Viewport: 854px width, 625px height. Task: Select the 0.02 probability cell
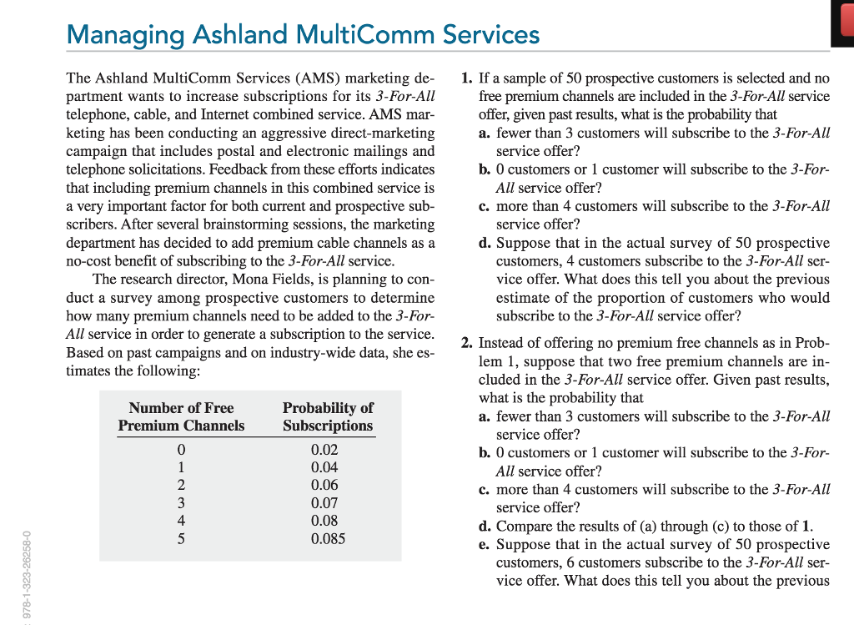(324, 449)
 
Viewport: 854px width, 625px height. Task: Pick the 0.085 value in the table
(328, 539)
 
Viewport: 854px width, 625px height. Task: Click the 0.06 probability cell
(324, 485)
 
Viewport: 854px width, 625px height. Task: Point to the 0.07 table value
(324, 503)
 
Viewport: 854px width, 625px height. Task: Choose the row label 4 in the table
(181, 521)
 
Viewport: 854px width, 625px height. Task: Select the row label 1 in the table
(181, 467)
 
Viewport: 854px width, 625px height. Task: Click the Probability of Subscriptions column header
(328, 416)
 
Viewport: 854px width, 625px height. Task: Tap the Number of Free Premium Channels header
(181, 416)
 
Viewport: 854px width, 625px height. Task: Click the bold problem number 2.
(467, 343)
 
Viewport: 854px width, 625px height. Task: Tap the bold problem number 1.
(467, 78)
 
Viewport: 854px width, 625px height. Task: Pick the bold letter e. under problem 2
(485, 544)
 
